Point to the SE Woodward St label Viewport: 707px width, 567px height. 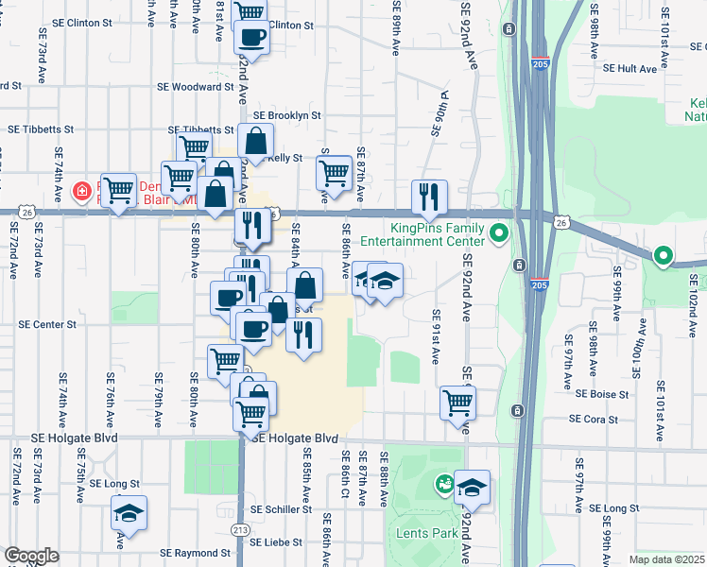coord(196,86)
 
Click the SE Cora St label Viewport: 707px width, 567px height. coord(593,419)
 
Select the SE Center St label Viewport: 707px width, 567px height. coord(47,324)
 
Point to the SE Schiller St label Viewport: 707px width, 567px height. coord(287,509)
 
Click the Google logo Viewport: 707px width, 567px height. coord(31,556)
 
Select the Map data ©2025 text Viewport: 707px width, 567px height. coord(665,559)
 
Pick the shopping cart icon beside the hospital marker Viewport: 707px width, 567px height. coord(119,192)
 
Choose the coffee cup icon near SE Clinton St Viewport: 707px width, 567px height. coord(251,37)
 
